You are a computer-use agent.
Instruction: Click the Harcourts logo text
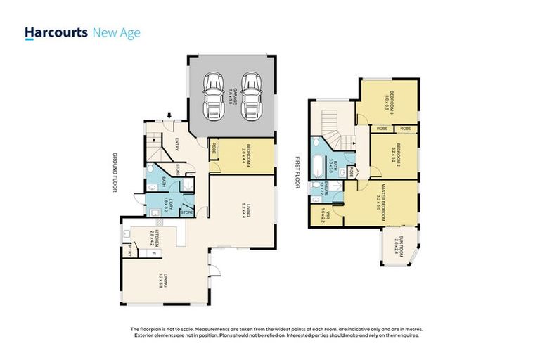56,32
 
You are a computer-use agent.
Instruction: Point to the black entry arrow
169,115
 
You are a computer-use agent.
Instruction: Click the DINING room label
162,281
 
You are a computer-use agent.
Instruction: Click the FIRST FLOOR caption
297,172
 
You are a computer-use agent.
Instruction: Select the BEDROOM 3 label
389,102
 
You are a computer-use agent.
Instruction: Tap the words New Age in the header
117,32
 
